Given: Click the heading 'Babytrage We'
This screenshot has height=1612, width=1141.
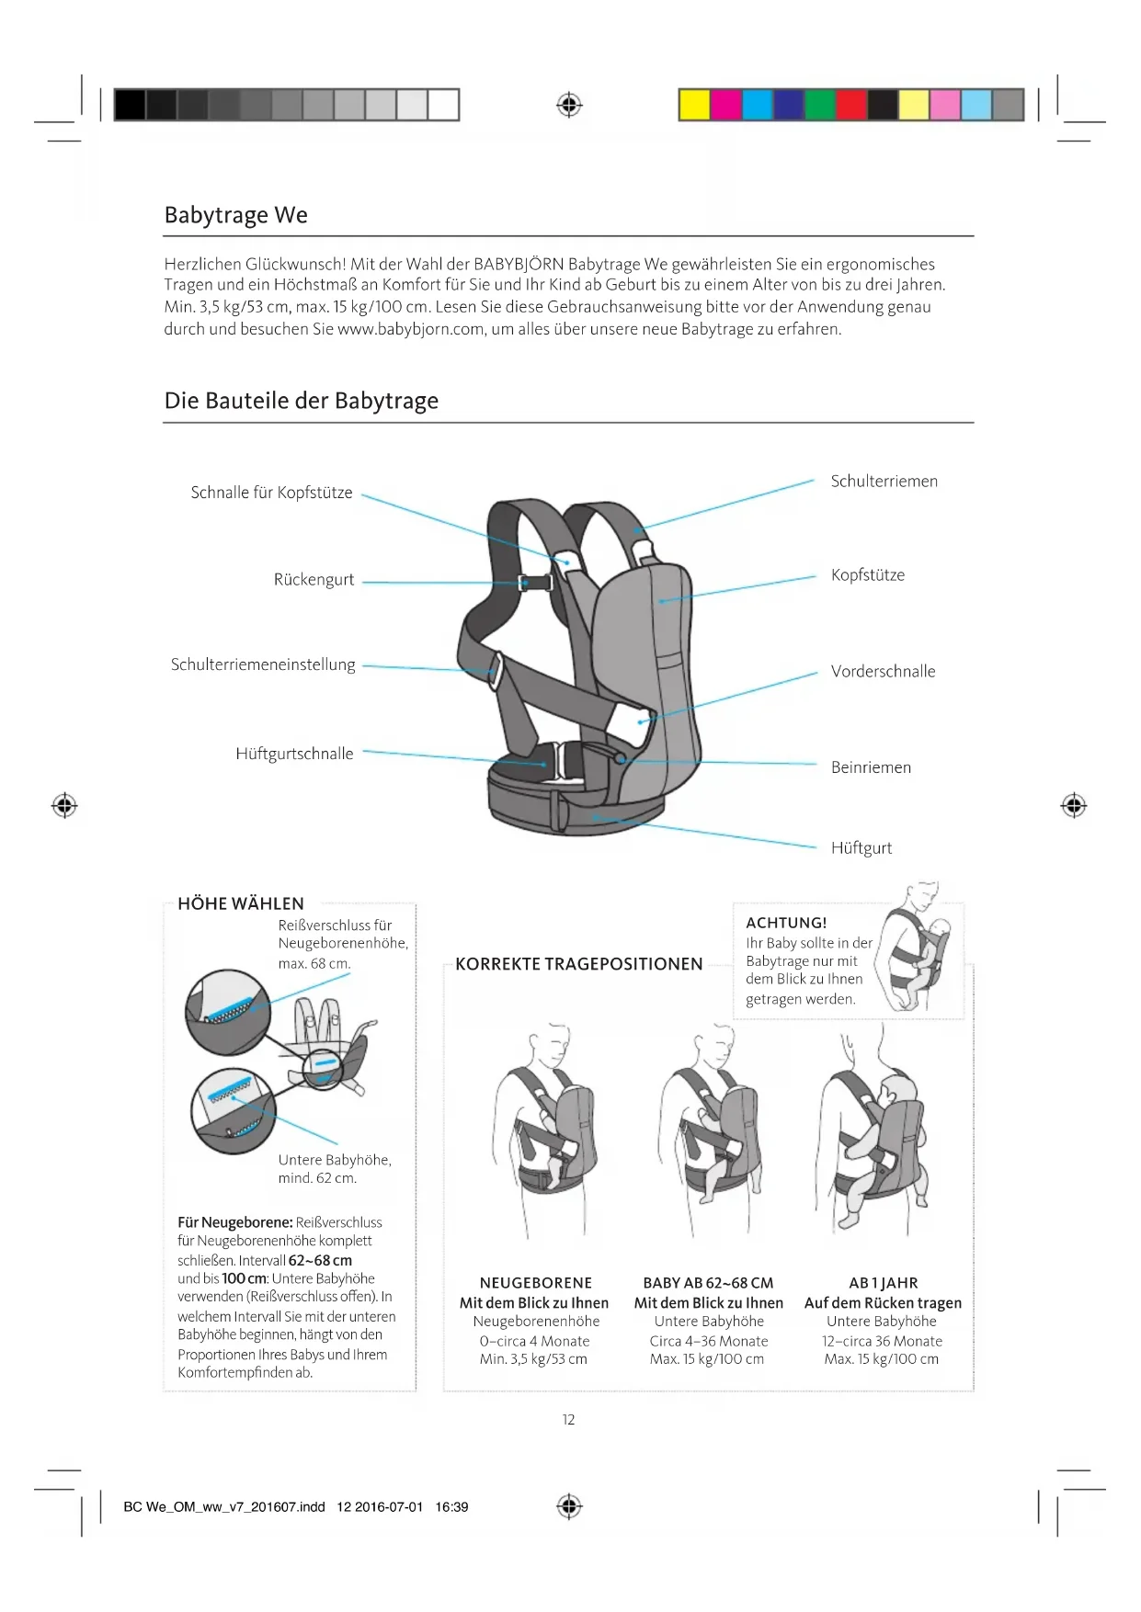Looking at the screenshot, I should tap(236, 215).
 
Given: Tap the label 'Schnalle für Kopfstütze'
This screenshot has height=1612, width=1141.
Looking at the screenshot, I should tap(271, 493).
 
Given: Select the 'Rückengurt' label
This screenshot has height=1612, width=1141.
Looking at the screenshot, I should tap(314, 580).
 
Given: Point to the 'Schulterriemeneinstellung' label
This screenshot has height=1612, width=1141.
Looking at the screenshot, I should tap(263, 664).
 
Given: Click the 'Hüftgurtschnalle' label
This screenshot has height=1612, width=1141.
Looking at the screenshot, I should tap(294, 754).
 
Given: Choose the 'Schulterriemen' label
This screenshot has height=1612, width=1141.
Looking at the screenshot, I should tap(884, 482).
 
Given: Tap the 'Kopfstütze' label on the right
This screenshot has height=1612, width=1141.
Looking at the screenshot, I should tap(867, 575).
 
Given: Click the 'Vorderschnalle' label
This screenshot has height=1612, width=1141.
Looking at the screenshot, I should tap(883, 672).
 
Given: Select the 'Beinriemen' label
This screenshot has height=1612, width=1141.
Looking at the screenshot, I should tap(871, 767).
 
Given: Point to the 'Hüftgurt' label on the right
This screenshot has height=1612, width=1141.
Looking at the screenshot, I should tap(861, 848).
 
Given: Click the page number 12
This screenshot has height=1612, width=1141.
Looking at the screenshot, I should tap(568, 1420).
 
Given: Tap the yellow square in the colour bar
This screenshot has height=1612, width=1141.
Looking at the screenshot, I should tap(694, 105).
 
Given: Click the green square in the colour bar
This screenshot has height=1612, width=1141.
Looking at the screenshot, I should tap(819, 105).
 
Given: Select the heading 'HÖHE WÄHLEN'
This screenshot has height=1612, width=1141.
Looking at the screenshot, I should tap(241, 903).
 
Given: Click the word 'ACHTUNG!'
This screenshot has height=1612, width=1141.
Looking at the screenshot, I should tap(786, 923).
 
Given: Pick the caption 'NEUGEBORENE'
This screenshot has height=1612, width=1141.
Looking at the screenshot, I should tap(535, 1283).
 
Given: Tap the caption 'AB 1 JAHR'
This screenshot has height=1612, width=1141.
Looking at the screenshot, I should tap(883, 1283).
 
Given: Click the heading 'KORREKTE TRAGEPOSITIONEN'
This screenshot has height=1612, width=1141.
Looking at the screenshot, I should tap(578, 964).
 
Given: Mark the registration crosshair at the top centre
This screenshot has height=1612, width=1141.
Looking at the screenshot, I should tap(569, 105).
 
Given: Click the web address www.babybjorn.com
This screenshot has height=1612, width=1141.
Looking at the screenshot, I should tap(411, 329).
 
